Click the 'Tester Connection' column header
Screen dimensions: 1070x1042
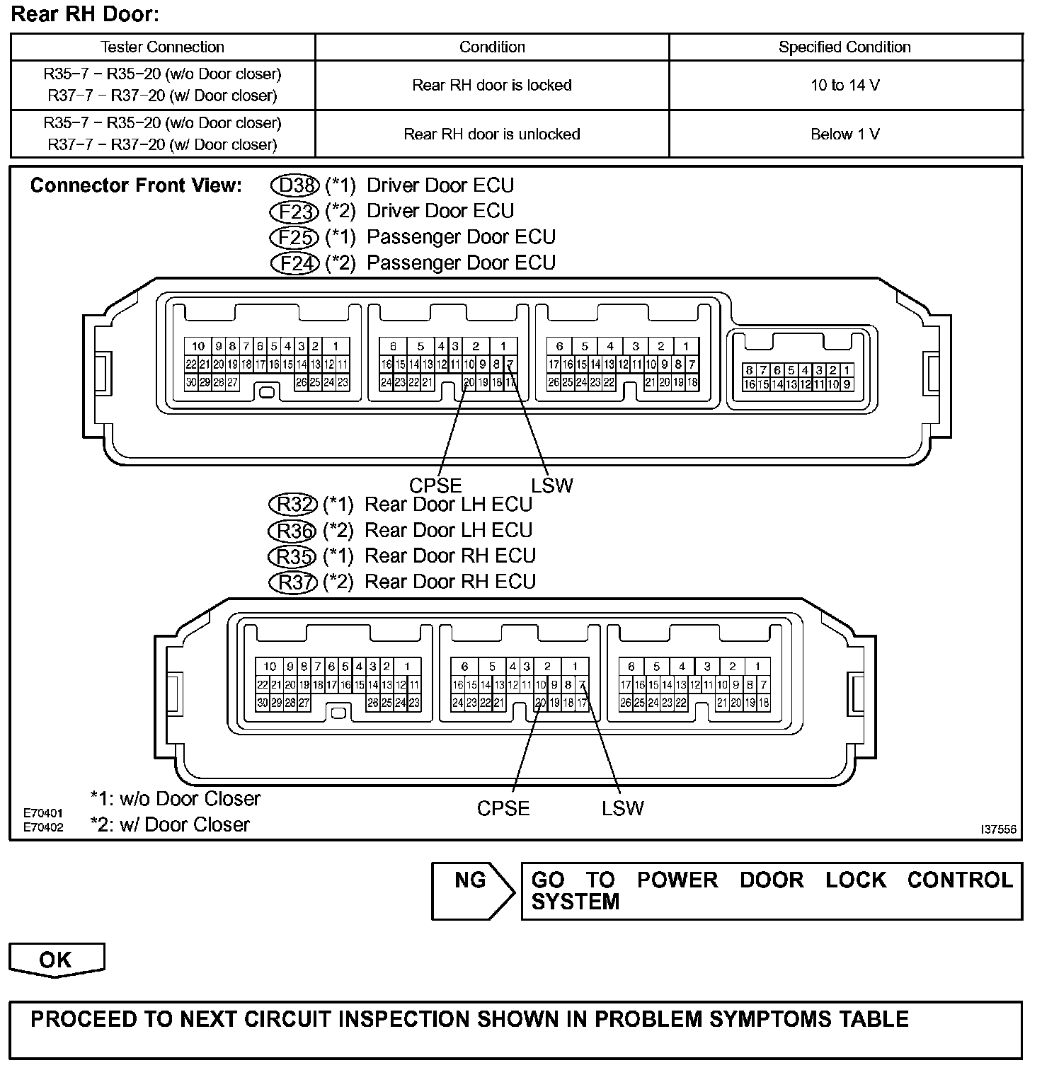(162, 47)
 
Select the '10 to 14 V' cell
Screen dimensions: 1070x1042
(845, 86)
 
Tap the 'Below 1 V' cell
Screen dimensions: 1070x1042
(845, 134)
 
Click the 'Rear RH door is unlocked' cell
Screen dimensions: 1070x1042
(491, 134)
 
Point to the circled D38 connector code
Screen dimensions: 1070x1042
(294, 185)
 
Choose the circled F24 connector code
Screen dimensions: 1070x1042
(294, 263)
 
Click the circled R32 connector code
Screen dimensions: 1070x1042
(292, 505)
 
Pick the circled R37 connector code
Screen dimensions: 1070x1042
(292, 582)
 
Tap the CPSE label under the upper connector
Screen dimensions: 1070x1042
(435, 485)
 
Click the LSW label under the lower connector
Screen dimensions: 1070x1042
(623, 808)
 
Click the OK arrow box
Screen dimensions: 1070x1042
(56, 960)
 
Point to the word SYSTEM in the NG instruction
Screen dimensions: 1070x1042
(575, 902)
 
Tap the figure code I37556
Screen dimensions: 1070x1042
(998, 829)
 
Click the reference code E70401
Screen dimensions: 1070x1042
(43, 813)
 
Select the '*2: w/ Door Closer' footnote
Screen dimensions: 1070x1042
(170, 825)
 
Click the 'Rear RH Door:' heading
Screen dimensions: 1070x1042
(86, 14)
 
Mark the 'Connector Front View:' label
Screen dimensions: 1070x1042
(136, 185)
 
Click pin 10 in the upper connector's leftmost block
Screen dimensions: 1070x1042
(198, 346)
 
